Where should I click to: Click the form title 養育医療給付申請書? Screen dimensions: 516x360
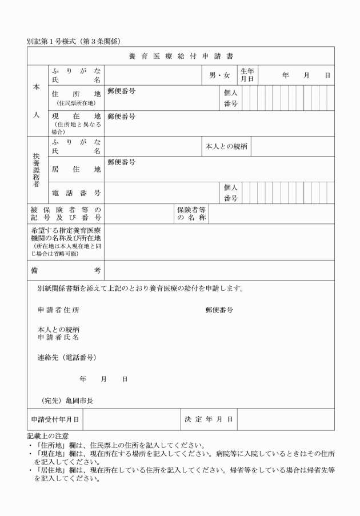click(181, 56)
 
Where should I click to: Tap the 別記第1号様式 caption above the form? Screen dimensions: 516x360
click(76, 41)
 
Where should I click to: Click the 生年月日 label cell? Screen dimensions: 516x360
click(247, 75)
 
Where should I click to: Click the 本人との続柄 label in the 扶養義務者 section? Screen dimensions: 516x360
click(226, 146)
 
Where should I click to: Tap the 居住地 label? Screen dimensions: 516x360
click(76, 169)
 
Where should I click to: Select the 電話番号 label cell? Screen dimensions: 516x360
click(76, 193)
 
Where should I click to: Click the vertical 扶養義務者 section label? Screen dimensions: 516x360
click(37, 170)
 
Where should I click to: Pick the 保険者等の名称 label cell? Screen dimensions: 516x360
click(191, 214)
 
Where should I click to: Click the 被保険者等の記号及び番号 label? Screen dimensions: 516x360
click(66, 214)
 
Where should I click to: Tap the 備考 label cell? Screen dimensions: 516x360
click(66, 270)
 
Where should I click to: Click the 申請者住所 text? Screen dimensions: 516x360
click(58, 310)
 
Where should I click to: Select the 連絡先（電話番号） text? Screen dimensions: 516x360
click(66, 357)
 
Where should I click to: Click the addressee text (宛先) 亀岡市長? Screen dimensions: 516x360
click(67, 401)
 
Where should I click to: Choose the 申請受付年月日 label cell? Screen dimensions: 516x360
click(55, 419)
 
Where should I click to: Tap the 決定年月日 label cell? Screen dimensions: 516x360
click(209, 419)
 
